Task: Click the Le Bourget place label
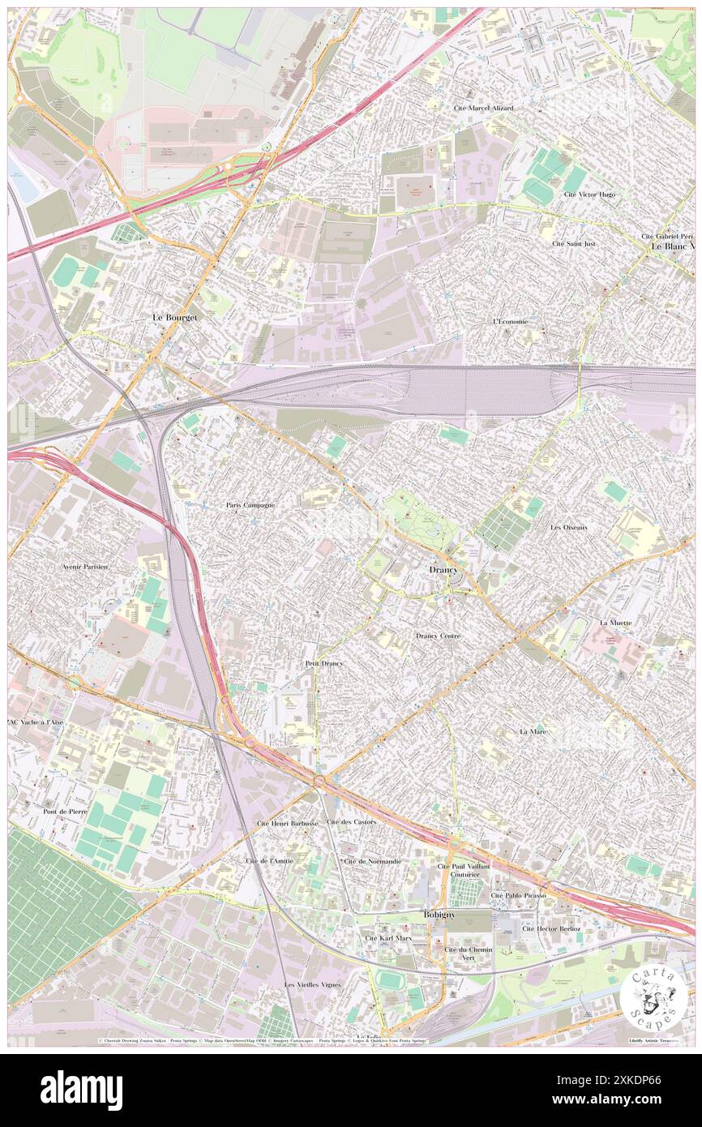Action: tap(175, 318)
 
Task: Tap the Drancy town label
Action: tap(443, 570)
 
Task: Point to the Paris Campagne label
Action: tap(250, 504)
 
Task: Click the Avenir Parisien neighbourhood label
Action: tap(84, 567)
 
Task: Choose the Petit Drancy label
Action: tap(324, 663)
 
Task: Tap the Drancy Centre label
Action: tap(438, 636)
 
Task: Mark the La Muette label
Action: tap(615, 622)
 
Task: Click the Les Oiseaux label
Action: tap(568, 527)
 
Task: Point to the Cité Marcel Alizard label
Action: tap(484, 108)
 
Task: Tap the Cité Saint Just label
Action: tap(574, 243)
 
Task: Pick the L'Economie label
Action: tap(511, 321)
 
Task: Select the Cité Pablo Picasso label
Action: tap(518, 895)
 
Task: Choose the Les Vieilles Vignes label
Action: tap(312, 984)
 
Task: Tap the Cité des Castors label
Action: tap(351, 821)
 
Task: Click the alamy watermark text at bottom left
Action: tap(82, 1091)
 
